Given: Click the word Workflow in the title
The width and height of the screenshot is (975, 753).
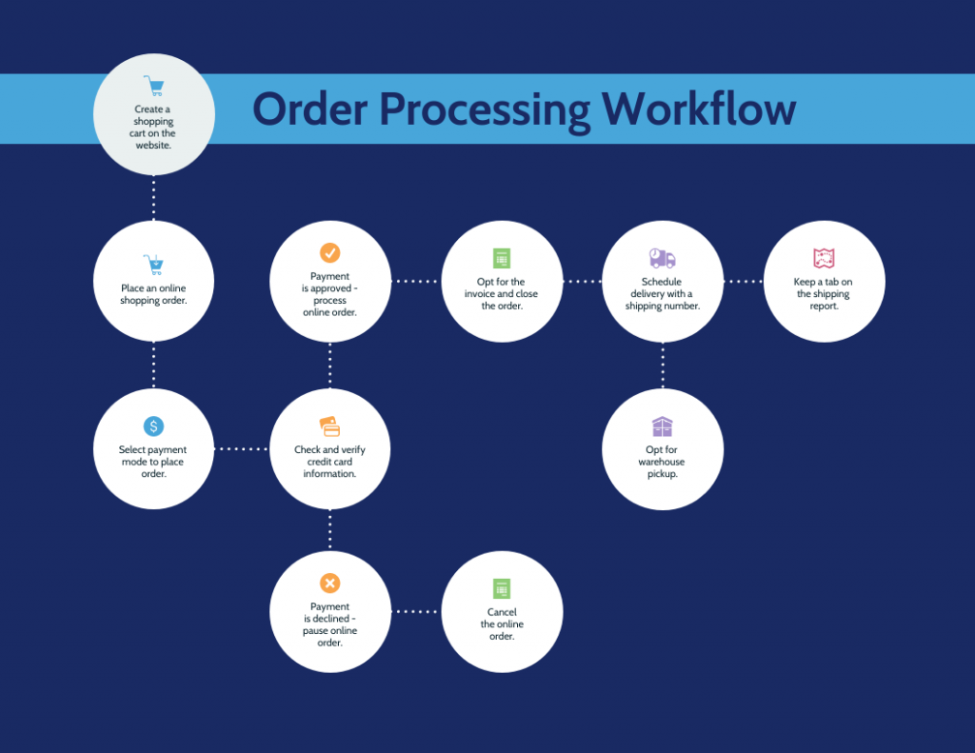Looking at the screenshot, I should click(x=699, y=109).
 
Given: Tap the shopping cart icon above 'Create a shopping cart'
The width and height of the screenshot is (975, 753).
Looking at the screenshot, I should click(x=153, y=86).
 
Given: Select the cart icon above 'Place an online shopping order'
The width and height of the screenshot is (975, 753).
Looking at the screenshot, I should click(x=153, y=265).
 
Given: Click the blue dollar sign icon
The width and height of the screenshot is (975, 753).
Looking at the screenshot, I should click(x=153, y=426).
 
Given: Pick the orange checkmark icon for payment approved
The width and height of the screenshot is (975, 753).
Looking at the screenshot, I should click(x=329, y=252).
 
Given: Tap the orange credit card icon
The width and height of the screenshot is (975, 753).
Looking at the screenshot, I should click(x=329, y=426).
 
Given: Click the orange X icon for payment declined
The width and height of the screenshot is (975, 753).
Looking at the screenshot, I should click(x=329, y=584).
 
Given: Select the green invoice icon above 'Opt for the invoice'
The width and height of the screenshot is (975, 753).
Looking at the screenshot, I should click(x=502, y=258).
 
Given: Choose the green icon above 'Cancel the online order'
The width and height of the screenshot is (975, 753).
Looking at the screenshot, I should click(x=502, y=588).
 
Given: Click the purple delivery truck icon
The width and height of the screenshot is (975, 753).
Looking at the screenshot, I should click(x=662, y=258).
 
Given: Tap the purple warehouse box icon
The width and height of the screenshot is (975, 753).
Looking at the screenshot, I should click(x=662, y=426).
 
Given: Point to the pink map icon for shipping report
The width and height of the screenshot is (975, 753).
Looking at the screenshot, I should click(x=824, y=258).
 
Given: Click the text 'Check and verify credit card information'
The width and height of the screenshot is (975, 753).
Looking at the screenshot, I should click(x=329, y=462).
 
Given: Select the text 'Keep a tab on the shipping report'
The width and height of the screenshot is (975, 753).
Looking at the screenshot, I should click(x=824, y=294).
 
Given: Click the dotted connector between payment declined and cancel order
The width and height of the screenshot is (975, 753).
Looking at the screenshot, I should click(x=416, y=612).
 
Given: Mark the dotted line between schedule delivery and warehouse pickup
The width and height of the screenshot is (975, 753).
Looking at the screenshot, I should click(x=663, y=366).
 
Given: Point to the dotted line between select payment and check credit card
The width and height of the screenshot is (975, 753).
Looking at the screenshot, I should click(x=242, y=448).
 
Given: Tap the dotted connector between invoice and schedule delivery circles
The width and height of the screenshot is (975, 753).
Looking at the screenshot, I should click(x=583, y=282).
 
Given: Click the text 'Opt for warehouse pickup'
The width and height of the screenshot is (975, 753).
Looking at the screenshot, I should click(x=662, y=462).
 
